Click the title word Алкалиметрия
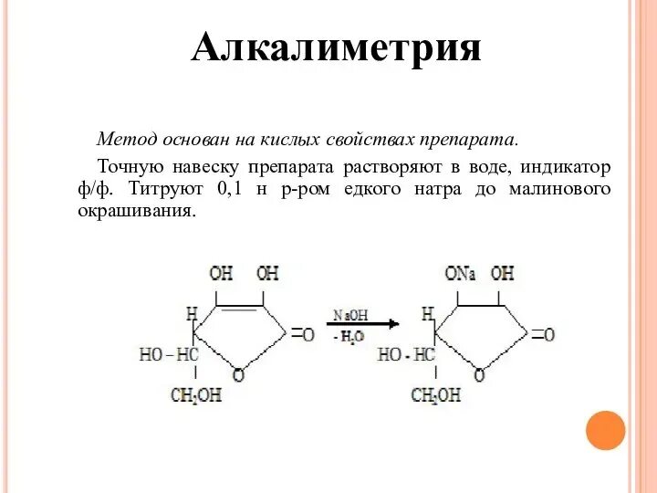coord(336,47)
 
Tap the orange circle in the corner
coord(604,430)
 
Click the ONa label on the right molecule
coord(460,273)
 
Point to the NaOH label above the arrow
coord(350,314)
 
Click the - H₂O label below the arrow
coord(349,337)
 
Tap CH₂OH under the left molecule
coord(196,395)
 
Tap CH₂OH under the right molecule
coord(436,395)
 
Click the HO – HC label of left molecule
coord(169,354)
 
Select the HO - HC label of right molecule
coord(407,354)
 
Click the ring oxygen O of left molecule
coord(238,374)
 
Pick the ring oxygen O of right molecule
coord(477,374)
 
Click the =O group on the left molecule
coord(303,335)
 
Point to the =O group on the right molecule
coord(542,335)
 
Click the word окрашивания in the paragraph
coord(137,211)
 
